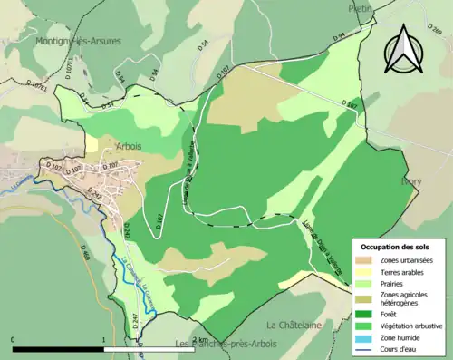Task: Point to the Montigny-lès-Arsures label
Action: tap(79, 41)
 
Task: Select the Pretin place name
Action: tap(361, 8)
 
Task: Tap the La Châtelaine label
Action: tap(294, 325)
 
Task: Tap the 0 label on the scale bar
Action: tap(14, 338)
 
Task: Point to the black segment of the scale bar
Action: tap(59, 348)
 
